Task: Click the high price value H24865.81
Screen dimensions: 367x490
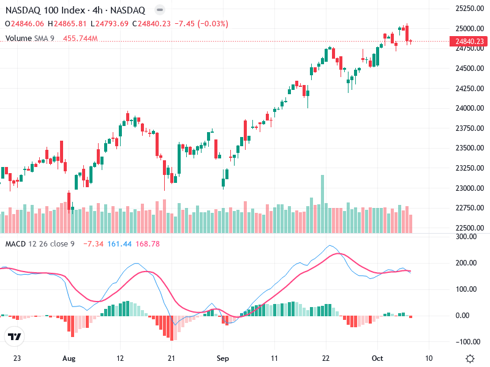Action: click(69, 24)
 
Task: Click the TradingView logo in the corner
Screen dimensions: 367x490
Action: click(15, 336)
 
